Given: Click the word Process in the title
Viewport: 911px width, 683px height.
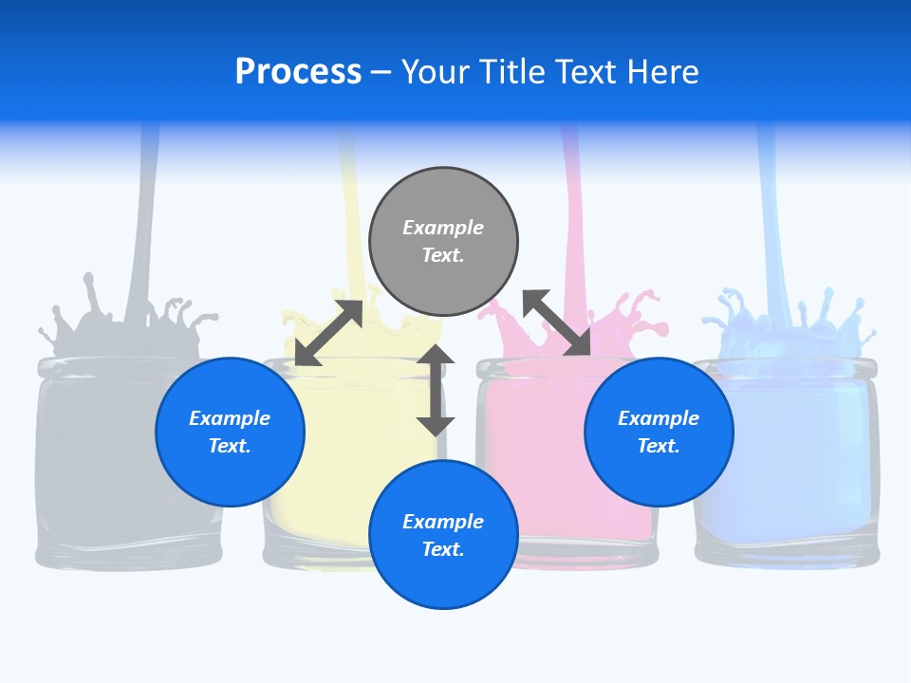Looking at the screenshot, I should pos(298,72).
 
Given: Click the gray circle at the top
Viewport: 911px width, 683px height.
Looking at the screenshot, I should pos(443,241).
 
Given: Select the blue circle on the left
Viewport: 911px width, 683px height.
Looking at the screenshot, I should pos(230,432).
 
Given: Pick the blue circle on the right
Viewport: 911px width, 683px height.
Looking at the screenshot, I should pos(659,432).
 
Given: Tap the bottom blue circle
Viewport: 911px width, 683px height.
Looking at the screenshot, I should pos(443,534).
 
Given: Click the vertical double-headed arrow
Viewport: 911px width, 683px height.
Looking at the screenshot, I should pos(436,390).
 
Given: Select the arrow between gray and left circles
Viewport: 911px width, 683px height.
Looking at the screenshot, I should pos(328,333).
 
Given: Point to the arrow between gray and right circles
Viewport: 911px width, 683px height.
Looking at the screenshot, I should pos(557,323).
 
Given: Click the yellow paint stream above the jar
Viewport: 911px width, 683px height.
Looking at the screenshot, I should pos(349,218).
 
